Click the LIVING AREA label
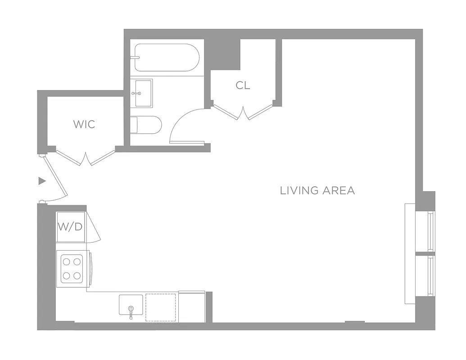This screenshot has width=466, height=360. pos(317,190)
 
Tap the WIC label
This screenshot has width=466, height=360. pos(85,124)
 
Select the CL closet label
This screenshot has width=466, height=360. pos(243,85)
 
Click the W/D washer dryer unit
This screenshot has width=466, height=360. pos(70,227)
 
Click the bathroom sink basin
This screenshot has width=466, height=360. pos(141,93)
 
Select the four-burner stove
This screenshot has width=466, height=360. pos(72,268)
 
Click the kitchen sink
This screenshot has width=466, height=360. pos(131,305)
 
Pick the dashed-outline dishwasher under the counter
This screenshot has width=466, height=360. pos(161,307)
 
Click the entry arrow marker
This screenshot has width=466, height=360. pos(42,181)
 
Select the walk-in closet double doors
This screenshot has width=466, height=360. pos(86,158)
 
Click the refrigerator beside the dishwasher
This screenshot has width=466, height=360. pos(192,307)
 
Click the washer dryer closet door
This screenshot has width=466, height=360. pos(93,228)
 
